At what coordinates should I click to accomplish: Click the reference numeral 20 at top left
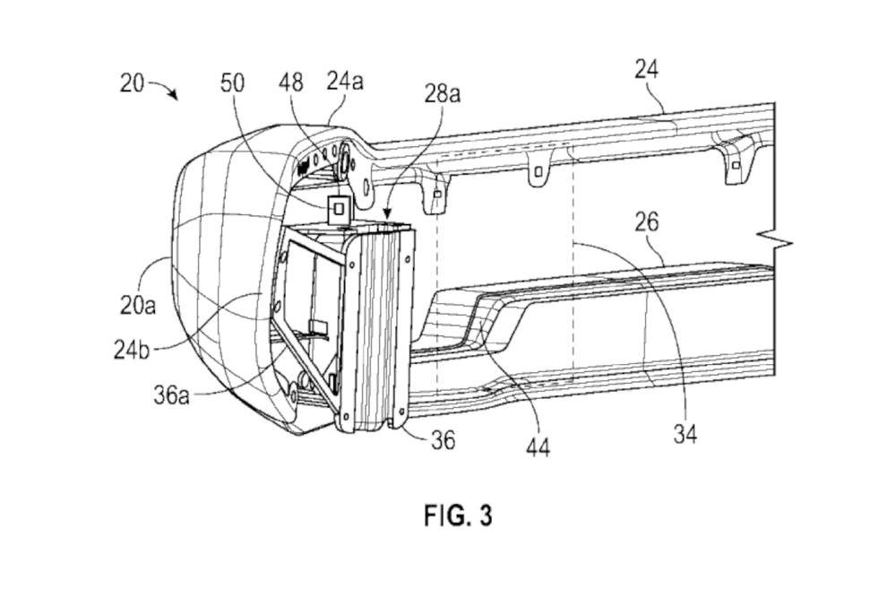click(x=132, y=82)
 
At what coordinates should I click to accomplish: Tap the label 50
click(x=233, y=83)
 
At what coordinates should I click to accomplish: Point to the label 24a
click(x=345, y=82)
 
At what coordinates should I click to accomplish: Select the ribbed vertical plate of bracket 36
click(x=381, y=323)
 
